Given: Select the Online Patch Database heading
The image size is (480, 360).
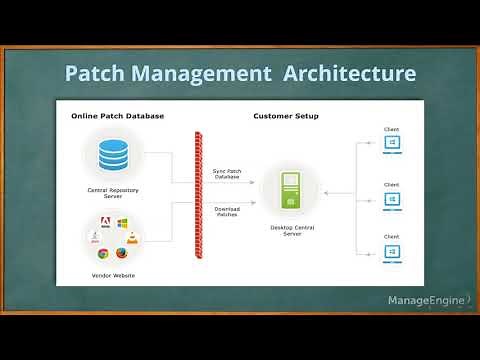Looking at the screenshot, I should tap(117, 116).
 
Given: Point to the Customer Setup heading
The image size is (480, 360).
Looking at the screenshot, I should tap(286, 116).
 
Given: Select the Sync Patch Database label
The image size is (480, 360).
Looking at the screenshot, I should tap(227, 174).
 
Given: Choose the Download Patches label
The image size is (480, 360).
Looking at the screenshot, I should tap(227, 212).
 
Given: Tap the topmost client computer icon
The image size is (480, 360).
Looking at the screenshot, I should tap(393, 143).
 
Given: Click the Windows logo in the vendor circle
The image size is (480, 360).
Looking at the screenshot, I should tap(122, 224).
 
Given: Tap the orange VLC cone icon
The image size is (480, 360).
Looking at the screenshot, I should tap(132, 238).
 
